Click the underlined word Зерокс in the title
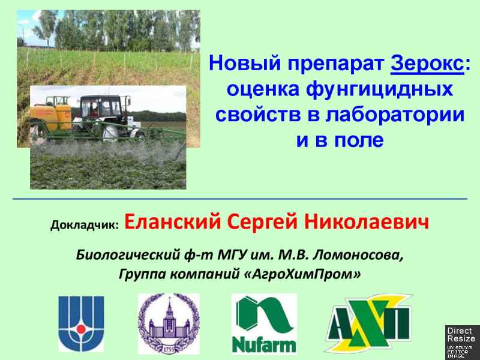point(427,64)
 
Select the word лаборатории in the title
point(395,115)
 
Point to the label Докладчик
point(85,225)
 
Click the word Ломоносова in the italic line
point(358,255)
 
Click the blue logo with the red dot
point(81,323)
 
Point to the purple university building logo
point(169,324)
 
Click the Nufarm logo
point(264,324)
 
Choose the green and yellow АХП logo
point(368,323)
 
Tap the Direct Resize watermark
point(462,342)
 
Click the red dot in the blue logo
point(81,329)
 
